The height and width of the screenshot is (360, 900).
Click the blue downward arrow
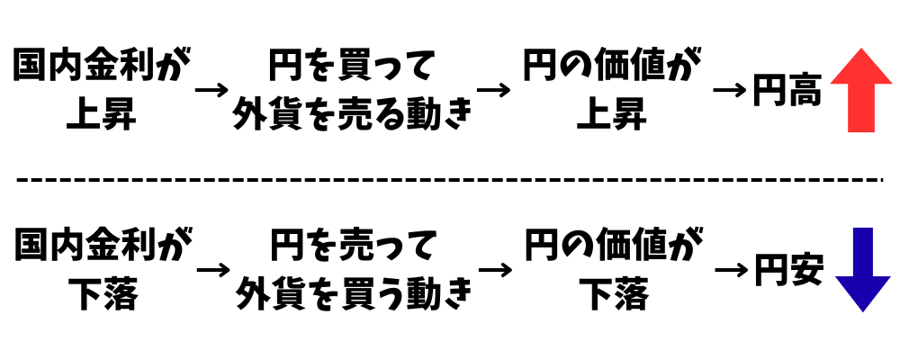click(862, 269)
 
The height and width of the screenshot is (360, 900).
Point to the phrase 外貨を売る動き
click(352, 114)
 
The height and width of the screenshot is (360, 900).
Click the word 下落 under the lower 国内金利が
click(102, 294)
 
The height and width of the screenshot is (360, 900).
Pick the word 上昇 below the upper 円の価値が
click(612, 114)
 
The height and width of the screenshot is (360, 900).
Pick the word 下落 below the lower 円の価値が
click(612, 294)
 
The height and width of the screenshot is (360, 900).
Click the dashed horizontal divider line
click(450, 179)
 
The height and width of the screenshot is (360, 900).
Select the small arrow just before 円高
click(731, 91)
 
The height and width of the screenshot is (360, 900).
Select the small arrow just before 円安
click(733, 270)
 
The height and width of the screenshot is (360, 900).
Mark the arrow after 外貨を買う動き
click(496, 270)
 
